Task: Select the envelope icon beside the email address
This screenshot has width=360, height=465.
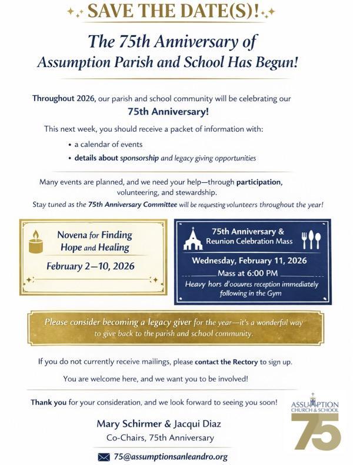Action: coord(104,456)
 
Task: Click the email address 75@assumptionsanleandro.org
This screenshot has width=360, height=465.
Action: coord(171,456)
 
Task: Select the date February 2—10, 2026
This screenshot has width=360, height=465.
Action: coord(91,266)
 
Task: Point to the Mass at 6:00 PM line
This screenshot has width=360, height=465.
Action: coord(252,273)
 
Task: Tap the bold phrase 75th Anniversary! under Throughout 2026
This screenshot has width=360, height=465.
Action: coord(160,111)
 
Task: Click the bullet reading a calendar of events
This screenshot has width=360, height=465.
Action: coord(108,144)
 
